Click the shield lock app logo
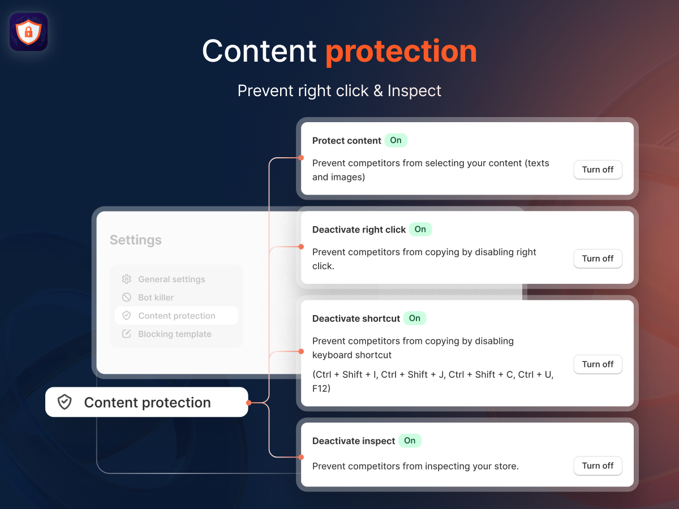point(28,32)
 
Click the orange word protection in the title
point(401,52)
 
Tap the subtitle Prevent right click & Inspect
point(339,91)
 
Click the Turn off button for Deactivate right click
point(598,258)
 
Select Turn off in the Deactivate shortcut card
point(598,364)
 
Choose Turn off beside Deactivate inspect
point(598,465)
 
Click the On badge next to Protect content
point(396,140)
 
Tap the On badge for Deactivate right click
point(420,229)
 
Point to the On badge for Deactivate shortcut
point(415,318)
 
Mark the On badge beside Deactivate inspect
point(410,441)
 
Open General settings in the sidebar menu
point(171,279)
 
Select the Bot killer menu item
point(156,297)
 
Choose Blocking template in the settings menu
point(175,334)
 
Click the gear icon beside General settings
point(127,279)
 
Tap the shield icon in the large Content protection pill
point(65,402)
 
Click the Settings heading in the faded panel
point(135,240)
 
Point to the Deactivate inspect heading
point(354,441)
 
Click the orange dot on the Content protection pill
point(249,403)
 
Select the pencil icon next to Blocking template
point(127,334)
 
